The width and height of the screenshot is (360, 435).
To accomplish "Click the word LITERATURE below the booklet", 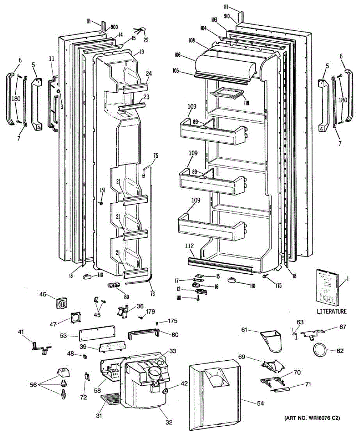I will pyautogui.click(x=331, y=311).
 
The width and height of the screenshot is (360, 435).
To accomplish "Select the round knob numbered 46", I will pyautogui.click(x=61, y=303).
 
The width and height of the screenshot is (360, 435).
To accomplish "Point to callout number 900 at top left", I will pyautogui.click(x=114, y=27).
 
